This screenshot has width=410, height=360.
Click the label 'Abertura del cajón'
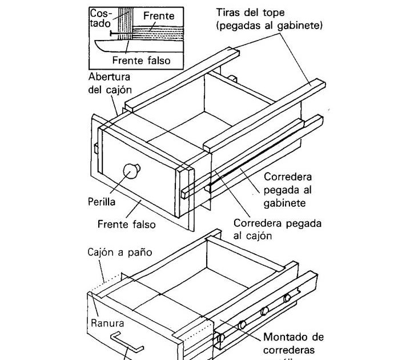tap(110, 83)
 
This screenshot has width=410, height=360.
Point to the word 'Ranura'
tap(108, 323)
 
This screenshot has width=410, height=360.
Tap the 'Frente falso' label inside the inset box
tap(141, 60)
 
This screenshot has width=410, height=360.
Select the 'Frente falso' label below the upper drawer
tap(126, 225)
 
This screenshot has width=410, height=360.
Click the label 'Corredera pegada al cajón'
tap(278, 229)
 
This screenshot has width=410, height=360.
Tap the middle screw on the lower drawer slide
tap(264, 311)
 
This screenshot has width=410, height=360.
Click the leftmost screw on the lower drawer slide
tap(242, 325)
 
